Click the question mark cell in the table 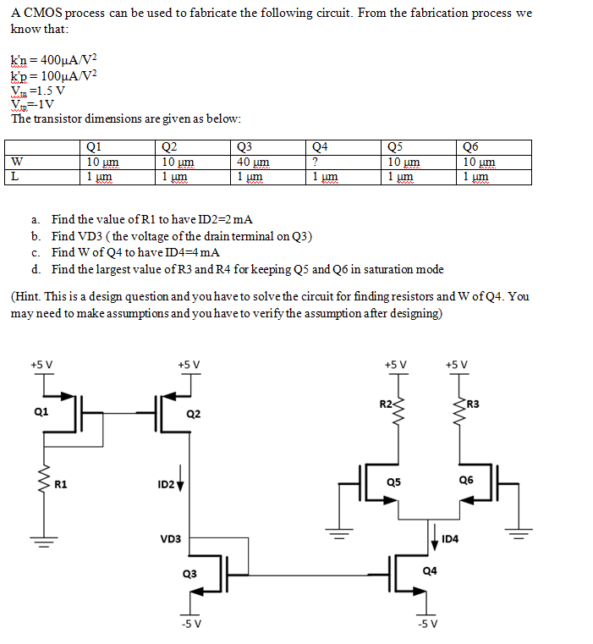pyautogui.click(x=315, y=162)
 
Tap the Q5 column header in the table pyautogui.click(x=394, y=147)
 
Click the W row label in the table pyautogui.click(x=17, y=162)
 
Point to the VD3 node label pyautogui.click(x=170, y=538)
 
